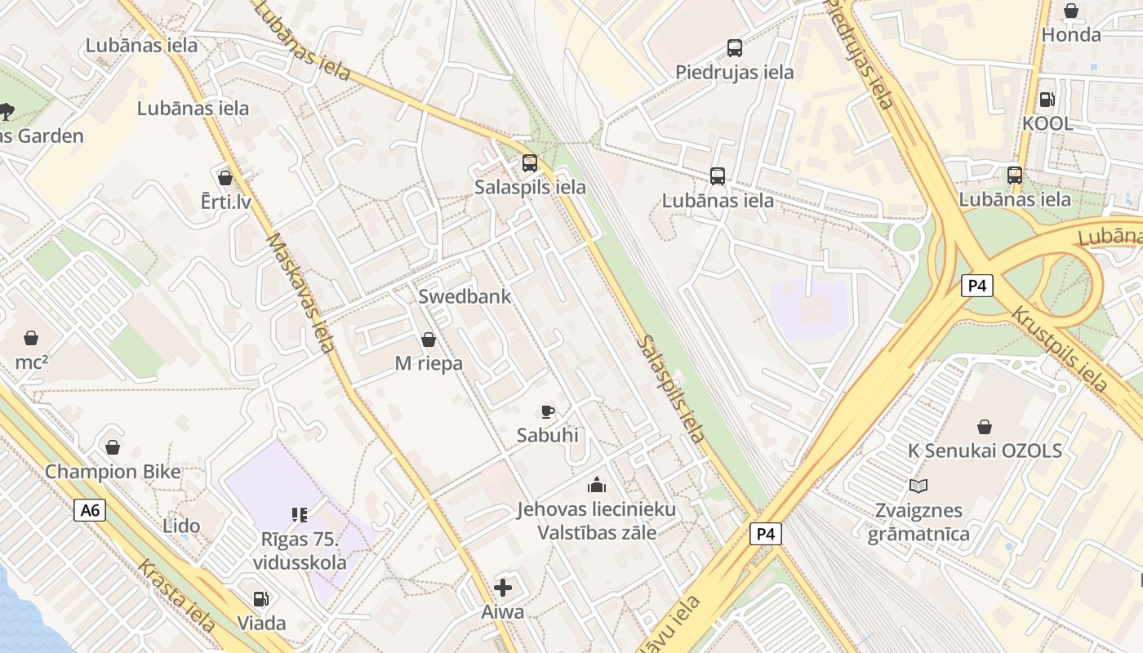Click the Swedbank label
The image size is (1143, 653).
click(465, 296)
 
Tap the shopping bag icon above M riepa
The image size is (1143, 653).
click(428, 340)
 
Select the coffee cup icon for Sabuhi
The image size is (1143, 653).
click(548, 411)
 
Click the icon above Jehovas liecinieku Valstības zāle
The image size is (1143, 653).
click(597, 486)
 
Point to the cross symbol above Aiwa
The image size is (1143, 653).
click(503, 587)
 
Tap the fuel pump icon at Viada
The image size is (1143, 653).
click(261, 599)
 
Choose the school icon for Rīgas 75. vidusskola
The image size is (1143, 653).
click(299, 514)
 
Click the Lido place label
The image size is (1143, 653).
click(181, 526)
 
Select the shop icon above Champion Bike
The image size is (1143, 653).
click(113, 447)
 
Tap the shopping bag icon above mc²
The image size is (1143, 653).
click(31, 338)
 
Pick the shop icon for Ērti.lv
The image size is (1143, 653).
click(225, 177)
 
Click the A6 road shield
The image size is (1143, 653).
click(90, 511)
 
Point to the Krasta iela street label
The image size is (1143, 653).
click(176, 595)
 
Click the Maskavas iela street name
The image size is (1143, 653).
click(300, 292)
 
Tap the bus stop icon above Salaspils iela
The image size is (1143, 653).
click(530, 162)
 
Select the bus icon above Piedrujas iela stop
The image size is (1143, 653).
click(735, 48)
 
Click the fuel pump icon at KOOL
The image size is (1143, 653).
click(1046, 100)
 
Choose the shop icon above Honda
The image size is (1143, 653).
click(1070, 11)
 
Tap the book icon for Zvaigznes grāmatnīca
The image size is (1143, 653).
click(918, 486)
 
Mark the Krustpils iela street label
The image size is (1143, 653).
click(1059, 349)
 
